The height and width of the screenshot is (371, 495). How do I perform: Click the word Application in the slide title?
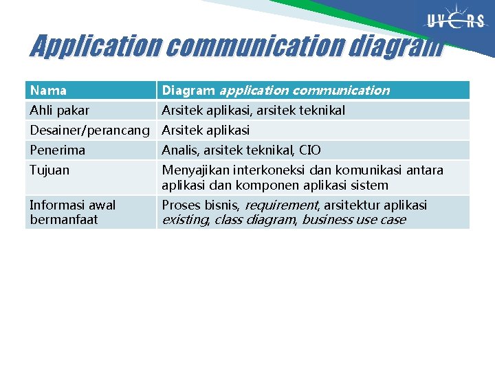point(96,46)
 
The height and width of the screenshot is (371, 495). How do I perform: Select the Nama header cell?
point(48,90)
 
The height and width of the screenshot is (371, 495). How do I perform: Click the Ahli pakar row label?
point(59,110)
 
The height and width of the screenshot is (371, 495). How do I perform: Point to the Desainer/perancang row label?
point(90,130)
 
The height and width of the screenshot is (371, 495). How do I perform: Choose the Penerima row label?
point(57,150)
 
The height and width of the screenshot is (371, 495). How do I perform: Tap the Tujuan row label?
point(49,170)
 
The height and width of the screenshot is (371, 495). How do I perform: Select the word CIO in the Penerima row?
point(310,150)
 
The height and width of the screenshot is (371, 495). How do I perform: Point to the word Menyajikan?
point(195,170)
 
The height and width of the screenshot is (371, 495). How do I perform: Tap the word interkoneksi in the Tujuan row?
point(267,170)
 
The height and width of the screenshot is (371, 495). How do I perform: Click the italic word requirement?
point(280,205)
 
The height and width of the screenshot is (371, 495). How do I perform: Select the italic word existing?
point(185,220)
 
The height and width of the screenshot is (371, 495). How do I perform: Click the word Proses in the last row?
point(181,205)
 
